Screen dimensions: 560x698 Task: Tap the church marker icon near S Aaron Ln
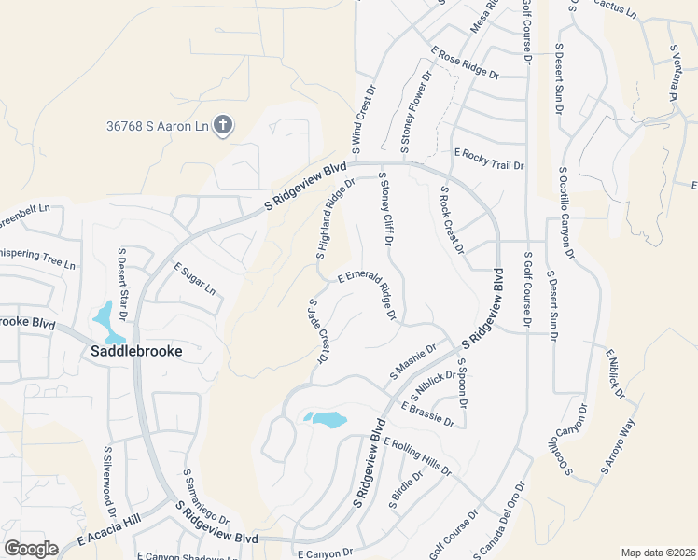pyautogui.click(x=222, y=124)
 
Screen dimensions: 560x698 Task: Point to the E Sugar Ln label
pyautogui.click(x=194, y=279)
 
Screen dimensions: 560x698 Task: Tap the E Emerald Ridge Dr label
pyautogui.click(x=367, y=295)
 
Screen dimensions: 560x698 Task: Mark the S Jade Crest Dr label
pyautogui.click(x=319, y=331)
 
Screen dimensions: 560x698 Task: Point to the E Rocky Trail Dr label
pyautogui.click(x=489, y=159)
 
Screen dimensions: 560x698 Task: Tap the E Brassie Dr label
pyautogui.click(x=427, y=414)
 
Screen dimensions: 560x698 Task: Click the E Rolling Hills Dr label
pyautogui.click(x=416, y=456)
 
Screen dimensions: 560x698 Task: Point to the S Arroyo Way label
pyautogui.click(x=618, y=447)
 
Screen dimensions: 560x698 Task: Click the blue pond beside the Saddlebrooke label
pyautogui.click(x=108, y=322)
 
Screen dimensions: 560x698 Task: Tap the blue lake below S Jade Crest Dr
pyautogui.click(x=327, y=420)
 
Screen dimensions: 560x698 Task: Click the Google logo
pyautogui.click(x=31, y=549)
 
